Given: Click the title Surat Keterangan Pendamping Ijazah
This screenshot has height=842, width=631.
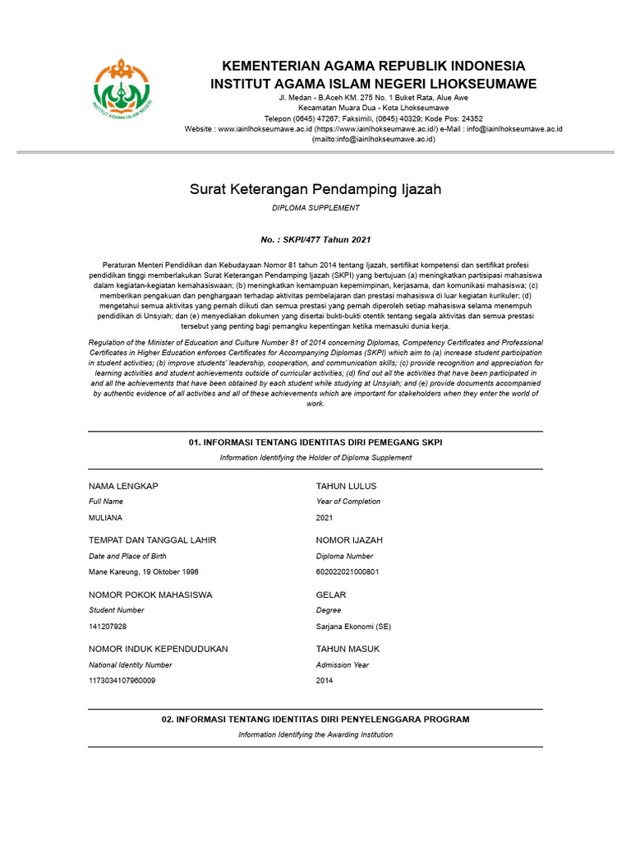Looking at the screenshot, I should tap(315, 190).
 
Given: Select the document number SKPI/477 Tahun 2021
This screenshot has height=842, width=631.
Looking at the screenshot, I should tap(315, 240).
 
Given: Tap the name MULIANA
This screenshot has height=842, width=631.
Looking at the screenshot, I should tap(105, 518).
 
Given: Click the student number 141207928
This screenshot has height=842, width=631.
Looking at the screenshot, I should tap(108, 627).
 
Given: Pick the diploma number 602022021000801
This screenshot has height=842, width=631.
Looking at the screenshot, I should tap(348, 572).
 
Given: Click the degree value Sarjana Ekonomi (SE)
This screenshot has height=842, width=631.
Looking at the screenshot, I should tap(353, 627).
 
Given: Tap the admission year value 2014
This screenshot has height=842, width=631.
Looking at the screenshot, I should tap(325, 681).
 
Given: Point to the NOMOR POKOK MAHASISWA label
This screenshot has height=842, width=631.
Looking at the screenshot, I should tap(150, 594).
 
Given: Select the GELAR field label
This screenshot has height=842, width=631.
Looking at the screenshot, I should tap(331, 594).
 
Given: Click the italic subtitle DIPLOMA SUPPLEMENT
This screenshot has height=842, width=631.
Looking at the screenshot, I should tap(315, 209).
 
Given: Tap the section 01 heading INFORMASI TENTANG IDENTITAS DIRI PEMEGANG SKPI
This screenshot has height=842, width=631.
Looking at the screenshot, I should tap(315, 442).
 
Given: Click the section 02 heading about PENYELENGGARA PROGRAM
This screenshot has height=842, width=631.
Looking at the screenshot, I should tap(315, 719).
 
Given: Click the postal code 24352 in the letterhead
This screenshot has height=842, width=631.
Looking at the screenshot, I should tap(471, 118).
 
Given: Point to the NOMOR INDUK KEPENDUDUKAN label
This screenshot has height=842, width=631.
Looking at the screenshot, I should tap(159, 649).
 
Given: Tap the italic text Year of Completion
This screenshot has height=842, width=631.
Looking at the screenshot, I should tap(348, 502).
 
